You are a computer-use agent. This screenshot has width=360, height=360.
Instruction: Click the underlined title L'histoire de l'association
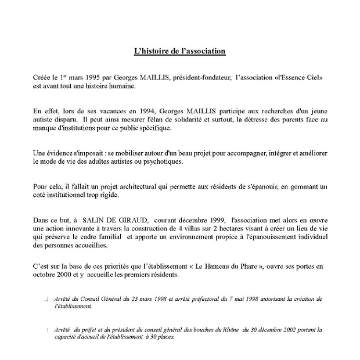coord(179,52)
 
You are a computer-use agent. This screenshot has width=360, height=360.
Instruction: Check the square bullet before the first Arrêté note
coord(47,298)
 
